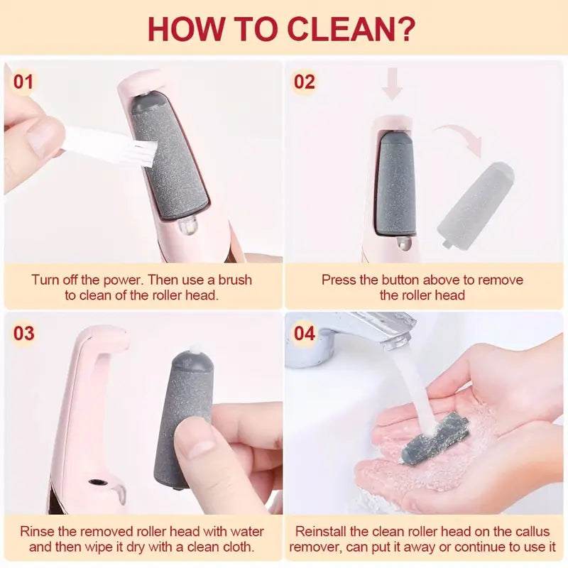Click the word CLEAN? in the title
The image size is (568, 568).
pos(351,28)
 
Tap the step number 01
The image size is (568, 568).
pos(23,82)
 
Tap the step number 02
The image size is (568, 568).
pos(305,82)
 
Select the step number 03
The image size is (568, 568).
pos(24,333)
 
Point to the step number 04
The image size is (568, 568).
pos(305,333)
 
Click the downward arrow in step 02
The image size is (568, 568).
pos(393,83)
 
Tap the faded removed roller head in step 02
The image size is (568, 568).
pos(475,204)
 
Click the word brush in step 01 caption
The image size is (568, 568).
pos(235,280)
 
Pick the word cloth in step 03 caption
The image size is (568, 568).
pos(236,547)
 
